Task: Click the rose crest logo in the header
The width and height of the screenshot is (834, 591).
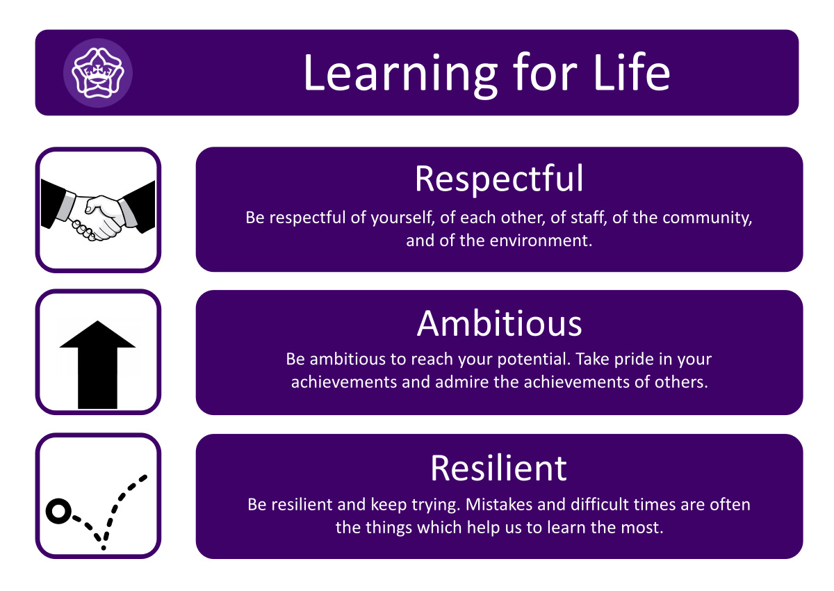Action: [x=98, y=73]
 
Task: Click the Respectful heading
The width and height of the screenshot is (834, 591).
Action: [x=499, y=179]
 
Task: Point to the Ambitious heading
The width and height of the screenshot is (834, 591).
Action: [x=499, y=323]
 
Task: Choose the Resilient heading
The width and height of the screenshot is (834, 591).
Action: [x=498, y=468]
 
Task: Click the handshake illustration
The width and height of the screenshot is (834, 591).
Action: [x=98, y=210]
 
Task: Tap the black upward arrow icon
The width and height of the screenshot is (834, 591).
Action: [x=97, y=364]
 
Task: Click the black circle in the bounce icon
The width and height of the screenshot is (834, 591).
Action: [x=58, y=511]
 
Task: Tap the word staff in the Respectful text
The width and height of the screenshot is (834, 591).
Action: [x=589, y=218]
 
